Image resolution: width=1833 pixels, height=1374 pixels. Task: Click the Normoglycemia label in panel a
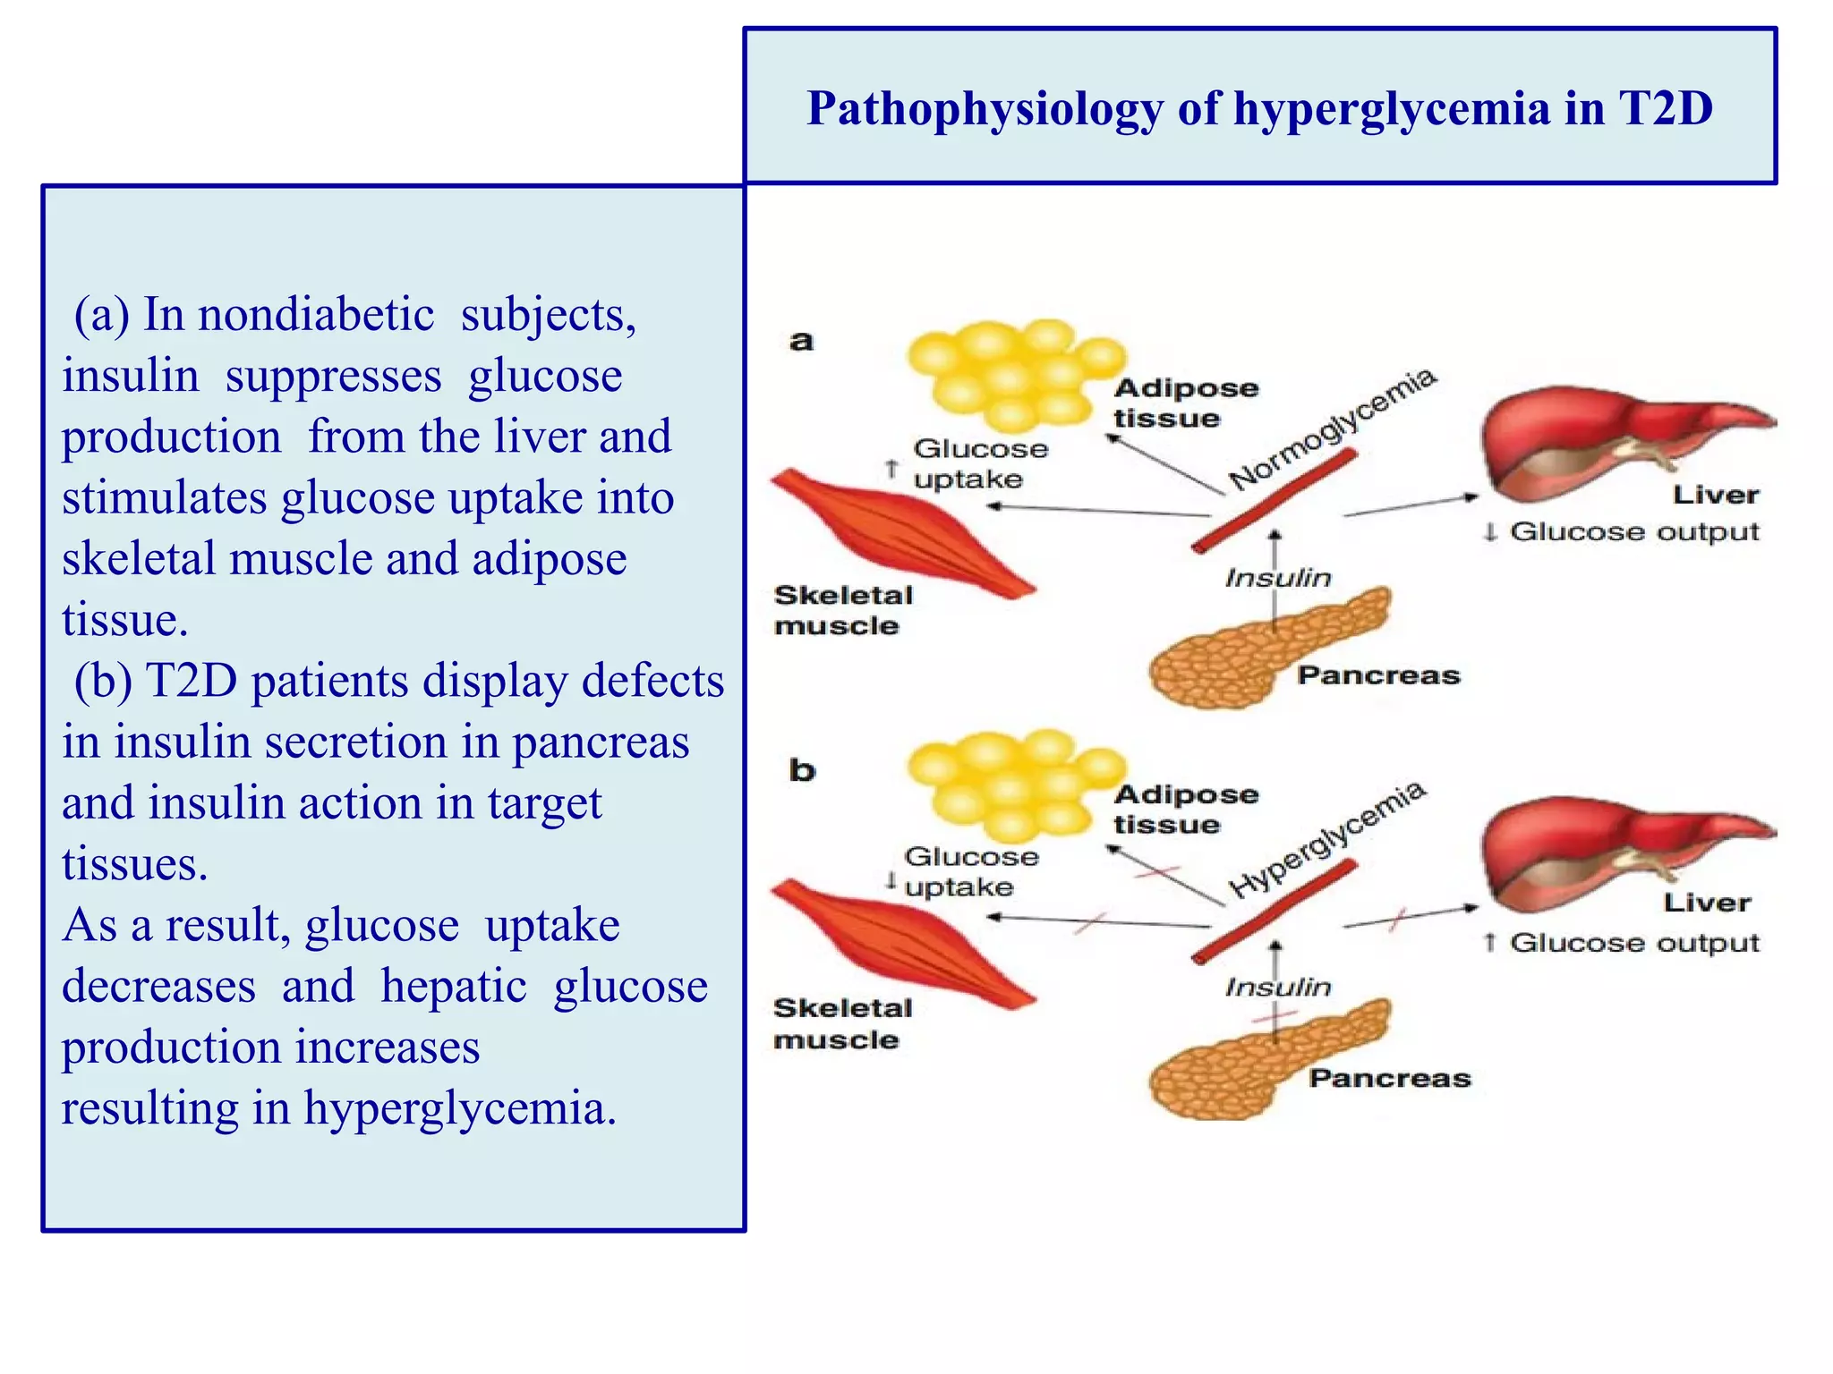coord(1331,428)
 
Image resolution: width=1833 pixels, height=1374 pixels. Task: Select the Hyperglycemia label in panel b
coord(1326,840)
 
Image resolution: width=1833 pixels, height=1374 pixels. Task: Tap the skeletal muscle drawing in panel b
coord(899,944)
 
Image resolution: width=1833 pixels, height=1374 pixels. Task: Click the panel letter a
coord(801,341)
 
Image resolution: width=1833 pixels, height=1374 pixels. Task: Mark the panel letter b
coord(802,770)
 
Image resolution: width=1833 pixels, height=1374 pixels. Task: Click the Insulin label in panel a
coord(1278,578)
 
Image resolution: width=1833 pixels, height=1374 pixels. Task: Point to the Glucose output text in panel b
coord(1633,943)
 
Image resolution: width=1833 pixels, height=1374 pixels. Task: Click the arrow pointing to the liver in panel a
coord(1411,505)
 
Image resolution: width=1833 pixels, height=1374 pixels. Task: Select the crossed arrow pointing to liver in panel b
coord(1411,916)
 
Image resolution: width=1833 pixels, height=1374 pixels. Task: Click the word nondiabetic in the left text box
coord(316,315)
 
